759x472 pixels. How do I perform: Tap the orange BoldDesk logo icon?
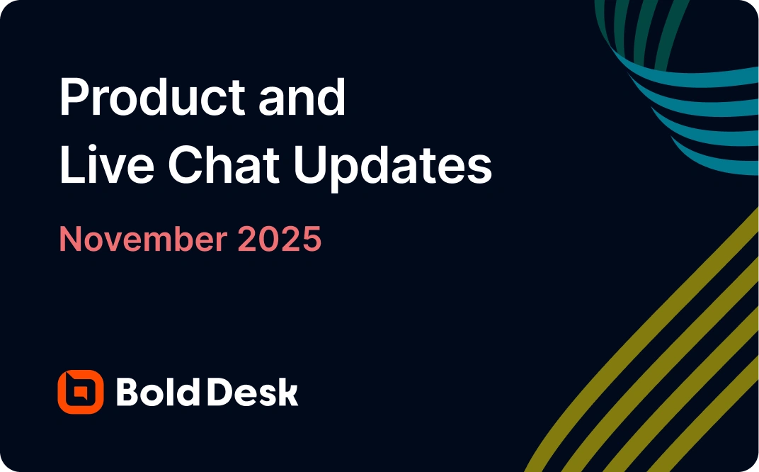(x=80, y=391)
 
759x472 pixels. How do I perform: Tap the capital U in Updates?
(x=308, y=167)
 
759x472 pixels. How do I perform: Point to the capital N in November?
(x=69, y=240)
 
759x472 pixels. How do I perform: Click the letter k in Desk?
(x=289, y=391)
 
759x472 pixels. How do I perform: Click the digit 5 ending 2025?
(x=312, y=240)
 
